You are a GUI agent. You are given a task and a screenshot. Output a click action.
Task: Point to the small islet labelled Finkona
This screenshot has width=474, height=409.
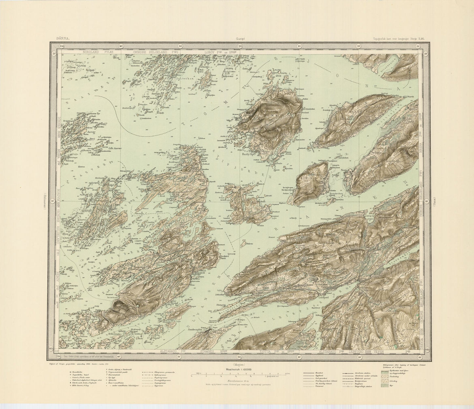point(250,243)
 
